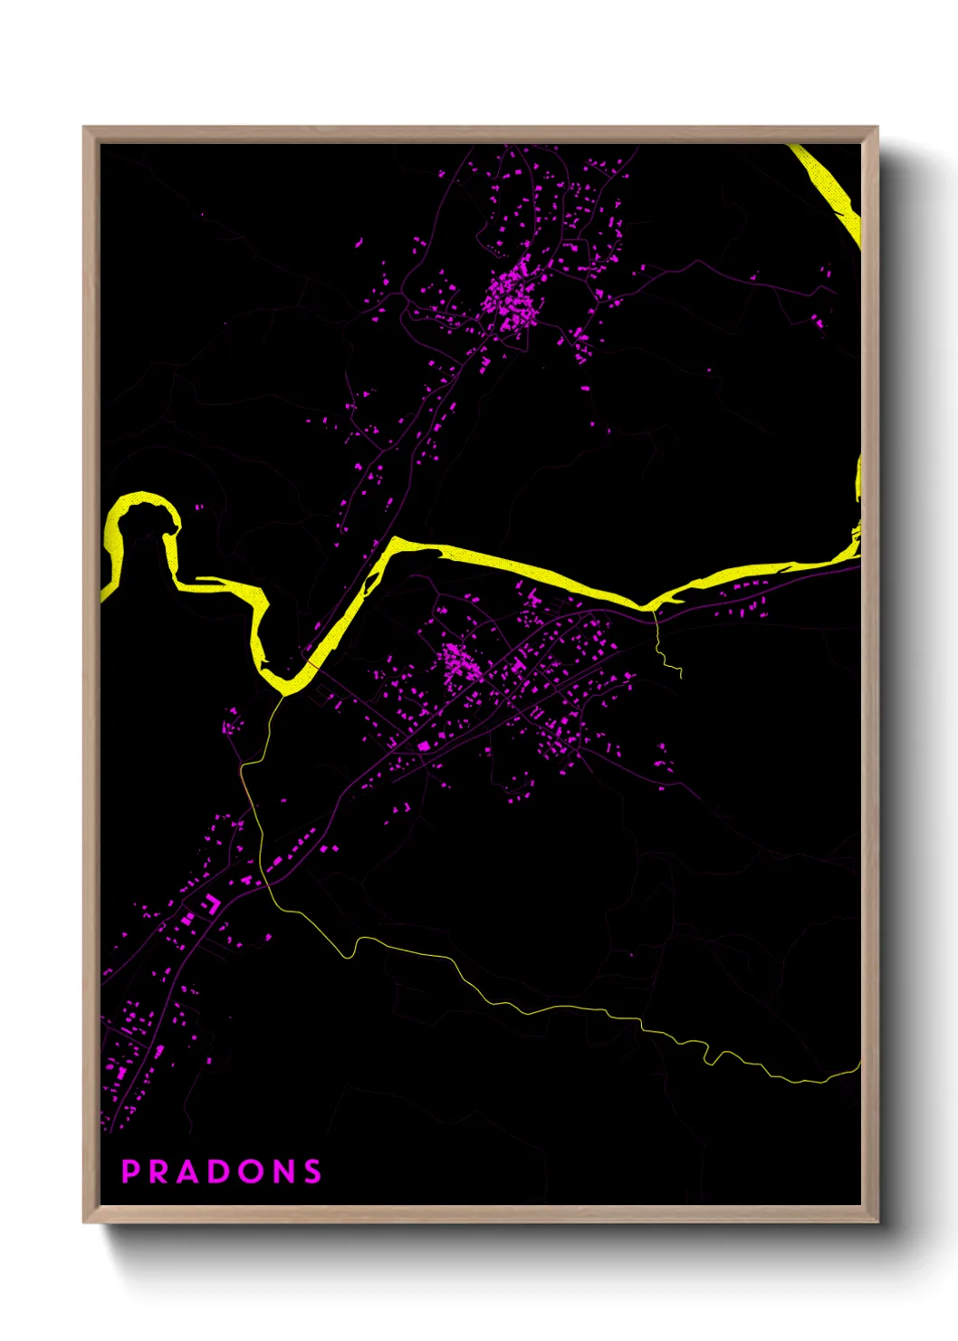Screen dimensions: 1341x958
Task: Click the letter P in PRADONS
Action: (x=130, y=1172)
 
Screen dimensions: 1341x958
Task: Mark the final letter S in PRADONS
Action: (x=312, y=1172)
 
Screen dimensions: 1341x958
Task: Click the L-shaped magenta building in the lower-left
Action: (x=211, y=902)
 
